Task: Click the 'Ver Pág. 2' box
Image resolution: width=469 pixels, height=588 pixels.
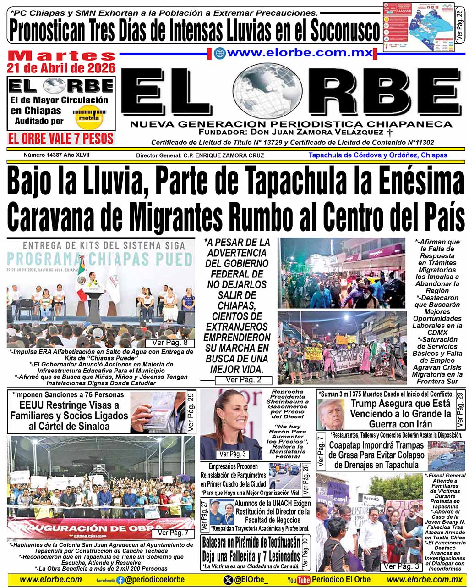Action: tap(243, 380)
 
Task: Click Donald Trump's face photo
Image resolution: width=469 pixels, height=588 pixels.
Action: tap(331, 413)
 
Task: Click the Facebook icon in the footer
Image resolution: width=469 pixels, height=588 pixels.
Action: tap(120, 580)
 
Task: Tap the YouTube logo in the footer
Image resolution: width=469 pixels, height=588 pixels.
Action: tap(298, 580)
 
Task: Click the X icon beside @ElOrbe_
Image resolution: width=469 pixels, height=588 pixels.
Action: tap(228, 580)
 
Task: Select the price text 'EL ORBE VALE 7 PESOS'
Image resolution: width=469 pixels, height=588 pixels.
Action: tap(61, 139)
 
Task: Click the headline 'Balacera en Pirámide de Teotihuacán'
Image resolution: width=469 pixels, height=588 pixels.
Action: tap(251, 542)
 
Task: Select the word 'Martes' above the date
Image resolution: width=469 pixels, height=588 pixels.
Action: tap(61, 55)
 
